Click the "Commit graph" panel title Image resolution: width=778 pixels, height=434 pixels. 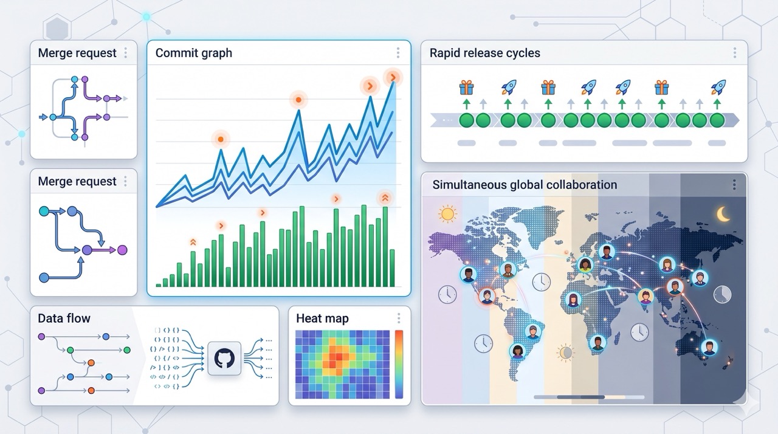193,53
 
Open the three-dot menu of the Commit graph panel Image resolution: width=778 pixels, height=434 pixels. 398,53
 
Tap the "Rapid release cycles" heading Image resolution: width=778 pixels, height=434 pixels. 484,53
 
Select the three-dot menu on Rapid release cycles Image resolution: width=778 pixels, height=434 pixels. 735,53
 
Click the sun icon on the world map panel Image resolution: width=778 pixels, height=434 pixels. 447,213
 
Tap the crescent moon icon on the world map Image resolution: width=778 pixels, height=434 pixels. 723,213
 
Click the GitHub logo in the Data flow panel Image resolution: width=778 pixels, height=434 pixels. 224,358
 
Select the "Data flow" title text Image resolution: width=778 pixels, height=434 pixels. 64,318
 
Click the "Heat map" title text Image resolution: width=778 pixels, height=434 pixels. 322,319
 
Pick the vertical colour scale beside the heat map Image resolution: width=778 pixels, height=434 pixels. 399,364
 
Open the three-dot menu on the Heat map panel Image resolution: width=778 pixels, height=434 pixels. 399,319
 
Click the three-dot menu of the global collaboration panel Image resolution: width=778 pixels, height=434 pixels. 734,185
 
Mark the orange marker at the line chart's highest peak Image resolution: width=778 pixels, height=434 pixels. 393,77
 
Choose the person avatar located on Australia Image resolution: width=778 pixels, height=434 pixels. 708,347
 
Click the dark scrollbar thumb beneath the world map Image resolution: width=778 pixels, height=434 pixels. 580,397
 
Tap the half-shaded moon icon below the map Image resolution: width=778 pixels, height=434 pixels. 566,352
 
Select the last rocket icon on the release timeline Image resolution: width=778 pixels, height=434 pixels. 718,87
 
